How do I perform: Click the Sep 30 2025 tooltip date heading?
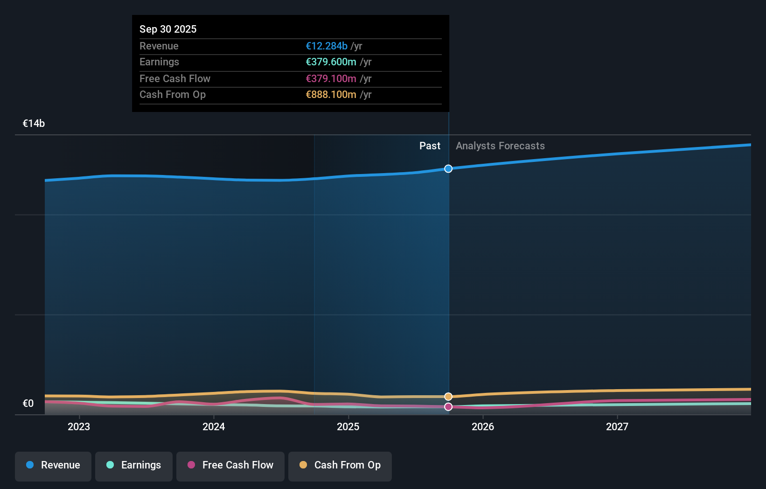point(168,29)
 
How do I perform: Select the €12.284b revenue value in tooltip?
point(327,46)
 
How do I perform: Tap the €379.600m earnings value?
point(331,62)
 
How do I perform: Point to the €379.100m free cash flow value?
point(331,78)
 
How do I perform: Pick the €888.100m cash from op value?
point(331,95)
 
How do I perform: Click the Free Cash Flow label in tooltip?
point(175,78)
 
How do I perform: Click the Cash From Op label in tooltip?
point(173,95)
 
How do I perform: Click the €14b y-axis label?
point(34,123)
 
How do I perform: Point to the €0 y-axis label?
point(28,403)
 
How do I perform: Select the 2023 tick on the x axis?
point(79,426)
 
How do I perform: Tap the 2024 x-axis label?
point(214,426)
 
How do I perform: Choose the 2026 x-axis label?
point(483,426)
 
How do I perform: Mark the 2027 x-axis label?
point(617,426)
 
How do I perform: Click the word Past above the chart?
point(430,146)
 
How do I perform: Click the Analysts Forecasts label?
point(500,146)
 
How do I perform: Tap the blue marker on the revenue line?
point(448,168)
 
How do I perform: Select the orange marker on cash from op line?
point(448,397)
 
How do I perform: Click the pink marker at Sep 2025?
point(448,407)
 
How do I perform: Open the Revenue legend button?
point(53,465)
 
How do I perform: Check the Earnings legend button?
point(134,465)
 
